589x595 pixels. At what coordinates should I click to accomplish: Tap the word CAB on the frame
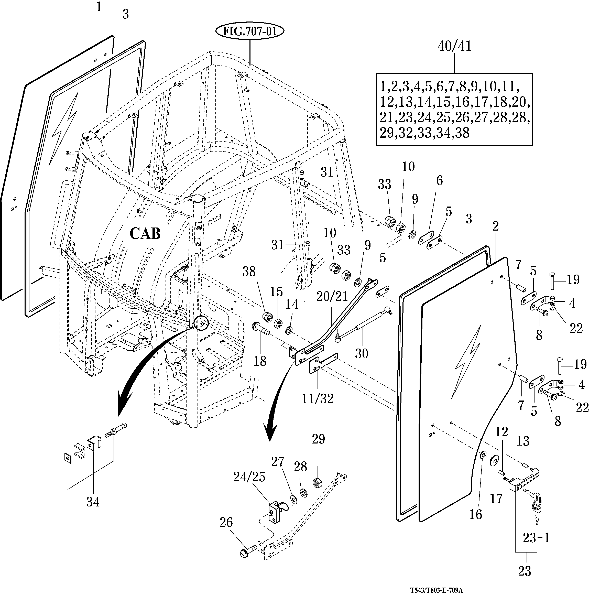pyautogui.click(x=145, y=233)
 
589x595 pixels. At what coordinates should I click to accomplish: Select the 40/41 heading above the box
pyautogui.click(x=454, y=46)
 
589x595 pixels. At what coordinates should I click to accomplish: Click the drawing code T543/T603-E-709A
pyautogui.click(x=436, y=590)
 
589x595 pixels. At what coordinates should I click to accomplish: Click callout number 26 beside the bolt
pyautogui.click(x=226, y=522)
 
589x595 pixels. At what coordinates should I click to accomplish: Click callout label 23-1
pyautogui.click(x=536, y=538)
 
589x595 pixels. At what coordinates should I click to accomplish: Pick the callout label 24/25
pyautogui.click(x=249, y=477)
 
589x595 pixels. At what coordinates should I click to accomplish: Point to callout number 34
pyautogui.click(x=93, y=502)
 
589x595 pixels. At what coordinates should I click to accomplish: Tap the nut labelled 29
pyautogui.click(x=318, y=483)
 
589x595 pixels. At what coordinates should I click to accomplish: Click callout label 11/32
pyautogui.click(x=318, y=399)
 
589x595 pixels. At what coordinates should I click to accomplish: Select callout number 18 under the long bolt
pyautogui.click(x=259, y=361)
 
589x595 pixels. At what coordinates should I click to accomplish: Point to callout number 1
pyautogui.click(x=99, y=7)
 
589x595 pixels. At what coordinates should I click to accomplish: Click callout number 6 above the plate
pyautogui.click(x=439, y=180)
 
